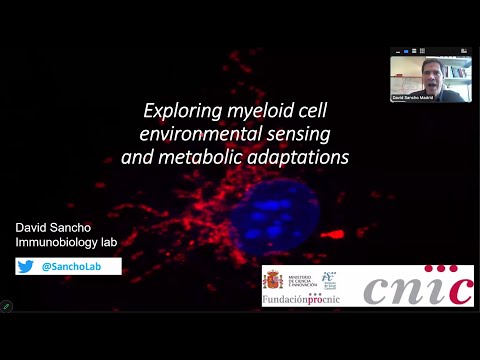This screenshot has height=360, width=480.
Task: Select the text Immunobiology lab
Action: (63, 243)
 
